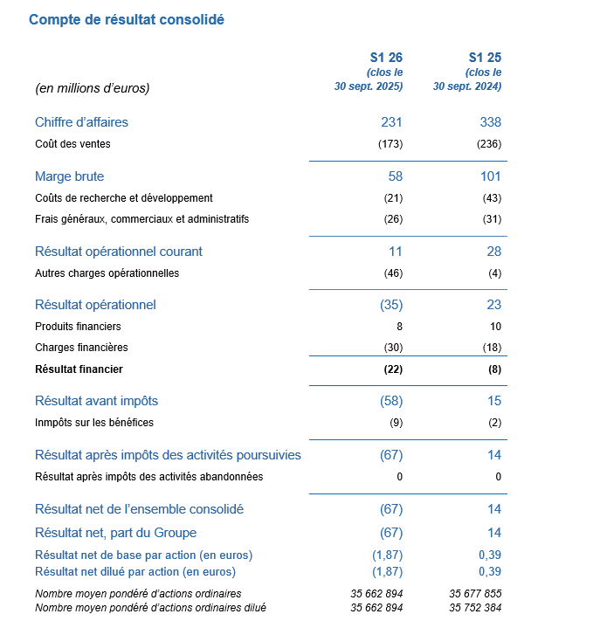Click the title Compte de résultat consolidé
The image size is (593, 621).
click(126, 19)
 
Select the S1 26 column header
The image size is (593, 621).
click(385, 58)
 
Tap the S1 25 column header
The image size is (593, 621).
click(485, 58)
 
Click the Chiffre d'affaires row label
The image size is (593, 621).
click(81, 122)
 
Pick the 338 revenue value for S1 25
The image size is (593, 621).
click(490, 122)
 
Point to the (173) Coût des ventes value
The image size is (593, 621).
click(390, 143)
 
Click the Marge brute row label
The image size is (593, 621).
click(69, 176)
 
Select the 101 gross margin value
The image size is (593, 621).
click(490, 176)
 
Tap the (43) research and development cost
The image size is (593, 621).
click(492, 198)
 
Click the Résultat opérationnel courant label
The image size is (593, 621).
click(118, 252)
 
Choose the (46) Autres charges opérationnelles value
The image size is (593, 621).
click(393, 273)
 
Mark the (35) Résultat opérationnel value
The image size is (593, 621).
click(390, 305)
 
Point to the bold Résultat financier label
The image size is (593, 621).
click(79, 369)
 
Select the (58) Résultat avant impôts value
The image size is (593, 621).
click(390, 401)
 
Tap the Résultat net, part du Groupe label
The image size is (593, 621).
click(115, 533)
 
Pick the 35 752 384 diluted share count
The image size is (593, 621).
click(475, 607)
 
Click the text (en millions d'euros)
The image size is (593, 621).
click(92, 87)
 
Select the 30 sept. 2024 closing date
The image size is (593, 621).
click(467, 86)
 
